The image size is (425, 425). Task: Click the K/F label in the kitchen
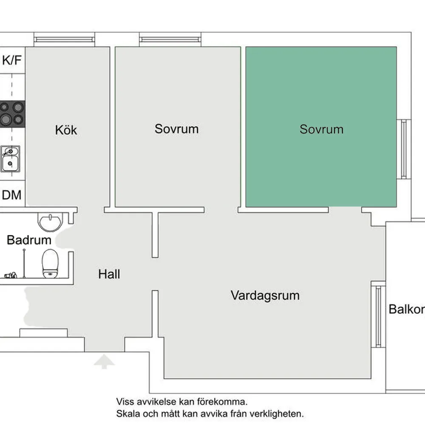pos(12,60)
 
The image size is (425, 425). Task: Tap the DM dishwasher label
pos(12,195)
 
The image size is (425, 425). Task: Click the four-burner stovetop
pos(12,113)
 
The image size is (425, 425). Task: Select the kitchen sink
pos(10,158)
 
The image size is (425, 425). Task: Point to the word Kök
pos(66,130)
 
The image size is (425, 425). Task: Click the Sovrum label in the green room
pos(321,129)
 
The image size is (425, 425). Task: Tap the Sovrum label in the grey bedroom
pos(176,129)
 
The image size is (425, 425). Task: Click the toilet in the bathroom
pos(50,263)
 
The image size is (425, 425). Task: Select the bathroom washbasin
pos(50,221)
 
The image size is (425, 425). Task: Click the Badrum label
pos(29,240)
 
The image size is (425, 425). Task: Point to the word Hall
pos(109,274)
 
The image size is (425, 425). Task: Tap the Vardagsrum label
pos(265,295)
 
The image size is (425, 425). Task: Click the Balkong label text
pos(406,309)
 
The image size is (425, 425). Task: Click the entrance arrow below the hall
pos(104,362)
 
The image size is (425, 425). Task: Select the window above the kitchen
pos(64,40)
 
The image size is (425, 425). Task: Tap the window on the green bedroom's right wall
pos(403,149)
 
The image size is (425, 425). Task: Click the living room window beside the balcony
pos(377,316)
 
